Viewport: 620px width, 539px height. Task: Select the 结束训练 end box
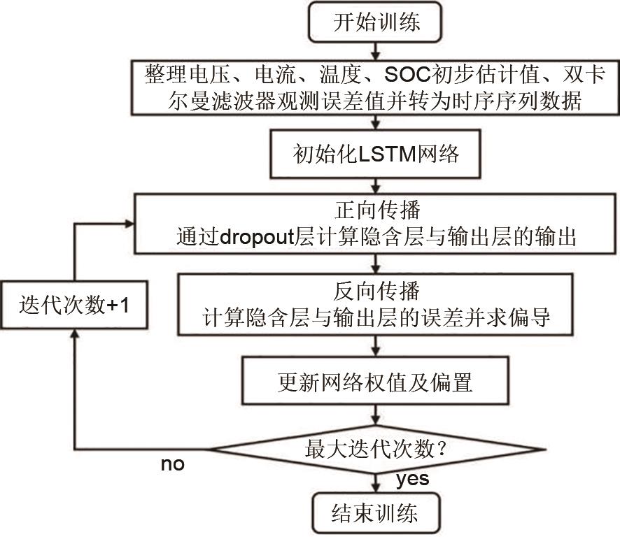[x=376, y=515]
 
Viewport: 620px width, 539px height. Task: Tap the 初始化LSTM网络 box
[x=376, y=154]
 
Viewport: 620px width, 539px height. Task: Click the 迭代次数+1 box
[x=74, y=306]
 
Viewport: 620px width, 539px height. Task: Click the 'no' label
[x=172, y=463]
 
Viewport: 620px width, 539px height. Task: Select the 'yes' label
[x=412, y=480]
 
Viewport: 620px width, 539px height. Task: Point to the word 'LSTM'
[x=388, y=154]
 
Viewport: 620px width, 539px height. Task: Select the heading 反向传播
[x=376, y=289]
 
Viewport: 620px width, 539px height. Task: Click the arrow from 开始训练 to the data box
[x=377, y=51]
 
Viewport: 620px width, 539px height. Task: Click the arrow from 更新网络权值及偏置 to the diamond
[x=377, y=415]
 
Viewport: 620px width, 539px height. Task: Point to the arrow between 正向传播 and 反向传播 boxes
[x=377, y=263]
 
